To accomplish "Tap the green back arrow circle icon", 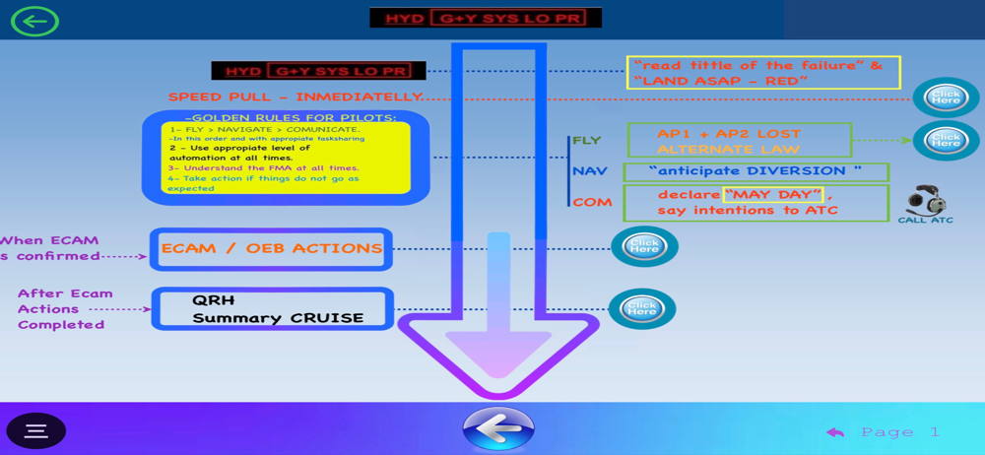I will (34, 21).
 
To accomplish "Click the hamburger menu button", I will (36, 430).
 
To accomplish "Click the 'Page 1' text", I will (900, 431).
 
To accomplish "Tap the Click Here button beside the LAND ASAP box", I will (946, 97).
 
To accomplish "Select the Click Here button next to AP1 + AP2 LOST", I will (946, 140).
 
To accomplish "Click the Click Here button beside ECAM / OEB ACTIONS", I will (644, 247).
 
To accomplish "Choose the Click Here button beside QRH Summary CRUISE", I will (642, 309).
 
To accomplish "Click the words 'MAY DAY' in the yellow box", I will (773, 194).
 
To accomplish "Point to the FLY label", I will (586, 141).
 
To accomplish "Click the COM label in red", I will (592, 202).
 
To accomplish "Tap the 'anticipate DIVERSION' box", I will (755, 171).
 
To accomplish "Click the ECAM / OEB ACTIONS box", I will (271, 249).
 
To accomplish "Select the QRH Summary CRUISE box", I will (273, 309).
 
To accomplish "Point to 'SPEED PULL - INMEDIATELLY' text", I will (295, 97).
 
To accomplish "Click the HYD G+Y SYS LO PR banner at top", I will (486, 19).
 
